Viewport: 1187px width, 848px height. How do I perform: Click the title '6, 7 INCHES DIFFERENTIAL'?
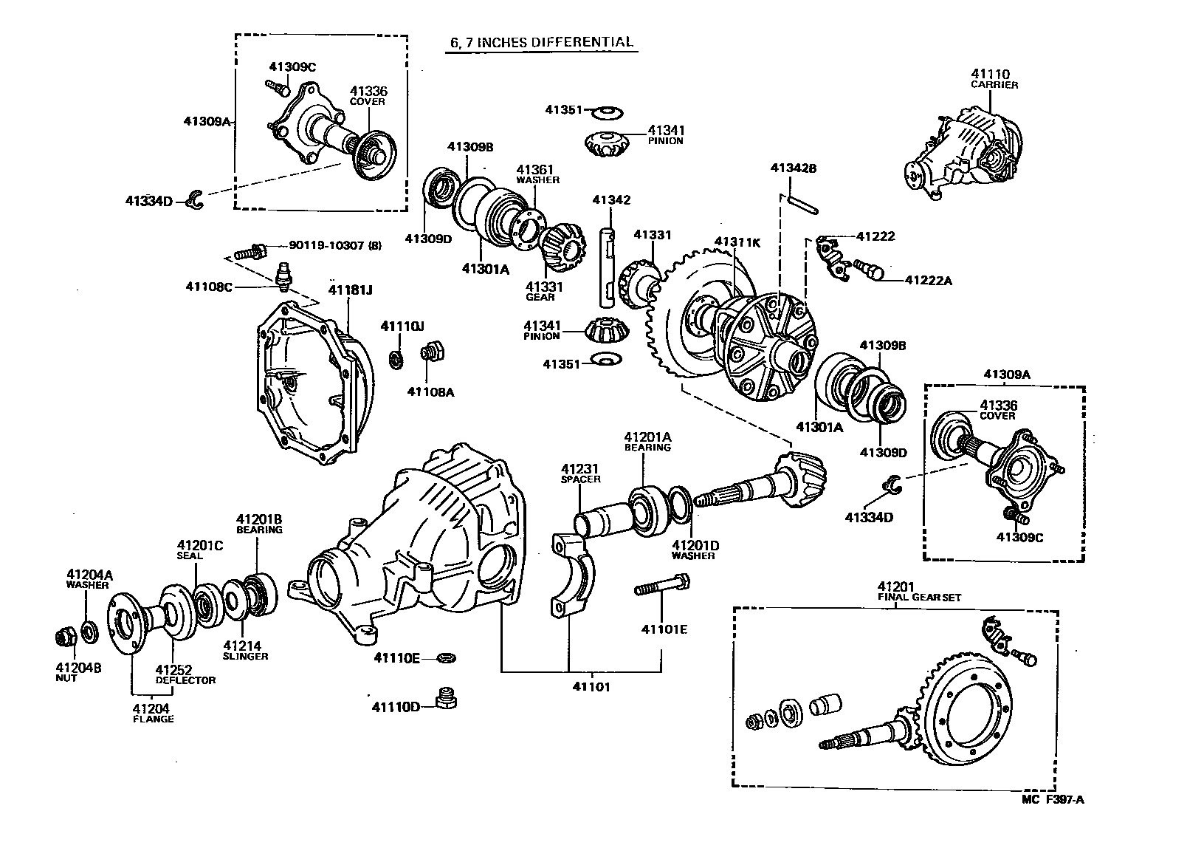(x=542, y=42)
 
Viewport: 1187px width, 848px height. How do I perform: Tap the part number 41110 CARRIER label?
(x=994, y=78)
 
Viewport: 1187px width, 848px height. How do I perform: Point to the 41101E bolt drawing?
(x=661, y=589)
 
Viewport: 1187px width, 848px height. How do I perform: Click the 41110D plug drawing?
(x=445, y=697)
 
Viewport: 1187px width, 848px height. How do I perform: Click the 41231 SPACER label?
(x=580, y=473)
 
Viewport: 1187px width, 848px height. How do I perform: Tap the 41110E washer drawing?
(x=446, y=657)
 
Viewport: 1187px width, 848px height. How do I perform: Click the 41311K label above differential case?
(x=737, y=242)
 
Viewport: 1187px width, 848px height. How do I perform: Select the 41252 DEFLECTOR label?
(x=185, y=674)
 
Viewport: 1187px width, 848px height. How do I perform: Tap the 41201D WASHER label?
(x=695, y=550)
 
